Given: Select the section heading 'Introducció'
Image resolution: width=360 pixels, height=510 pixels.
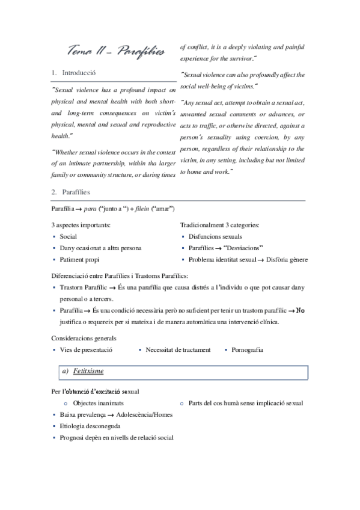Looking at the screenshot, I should (79, 73).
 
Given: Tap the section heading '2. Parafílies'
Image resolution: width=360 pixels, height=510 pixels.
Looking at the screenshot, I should (75, 192).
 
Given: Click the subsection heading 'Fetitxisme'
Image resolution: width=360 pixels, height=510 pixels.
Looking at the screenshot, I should (88, 371).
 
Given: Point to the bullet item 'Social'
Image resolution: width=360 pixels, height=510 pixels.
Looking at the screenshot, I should (69, 236).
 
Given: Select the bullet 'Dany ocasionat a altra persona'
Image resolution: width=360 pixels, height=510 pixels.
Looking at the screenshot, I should (100, 248).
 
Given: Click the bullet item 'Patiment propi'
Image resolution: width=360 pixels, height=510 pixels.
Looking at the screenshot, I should (82, 259).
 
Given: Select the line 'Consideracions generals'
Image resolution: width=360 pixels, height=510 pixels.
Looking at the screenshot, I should (84, 338).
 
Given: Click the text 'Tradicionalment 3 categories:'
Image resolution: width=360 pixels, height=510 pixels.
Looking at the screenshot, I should (220, 225).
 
